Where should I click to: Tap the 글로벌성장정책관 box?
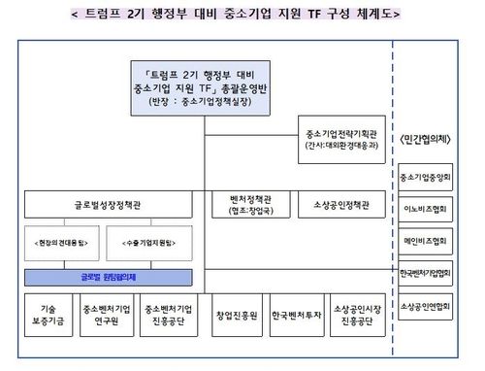[x=112, y=205]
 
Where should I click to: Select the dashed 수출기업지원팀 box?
[x=152, y=240]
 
